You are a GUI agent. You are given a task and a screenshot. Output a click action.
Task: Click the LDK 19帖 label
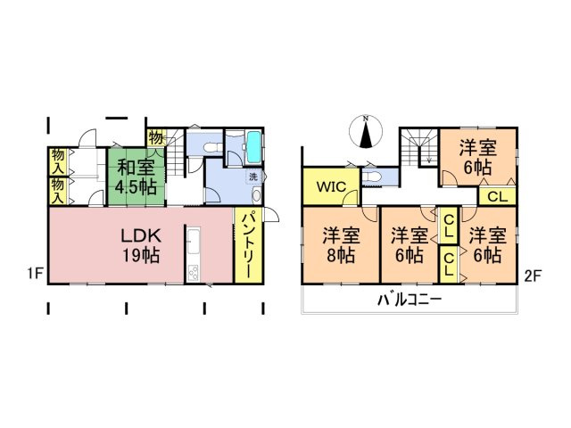point(140,245)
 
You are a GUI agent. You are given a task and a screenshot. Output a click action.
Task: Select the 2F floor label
point(534,275)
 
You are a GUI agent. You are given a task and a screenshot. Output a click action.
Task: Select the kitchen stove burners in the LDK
point(194,269)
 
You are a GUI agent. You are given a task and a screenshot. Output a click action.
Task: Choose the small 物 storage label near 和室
point(156,138)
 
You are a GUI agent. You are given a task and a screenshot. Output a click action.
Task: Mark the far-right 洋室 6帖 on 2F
point(487,243)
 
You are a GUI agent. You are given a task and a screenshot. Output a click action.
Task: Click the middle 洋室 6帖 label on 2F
point(408,243)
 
